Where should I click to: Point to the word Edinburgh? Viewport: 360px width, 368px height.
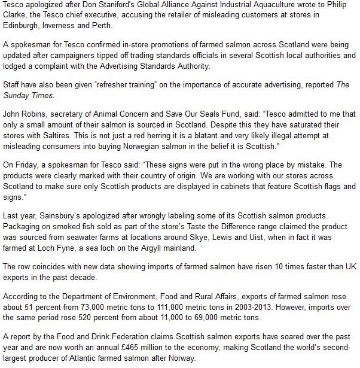21,26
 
